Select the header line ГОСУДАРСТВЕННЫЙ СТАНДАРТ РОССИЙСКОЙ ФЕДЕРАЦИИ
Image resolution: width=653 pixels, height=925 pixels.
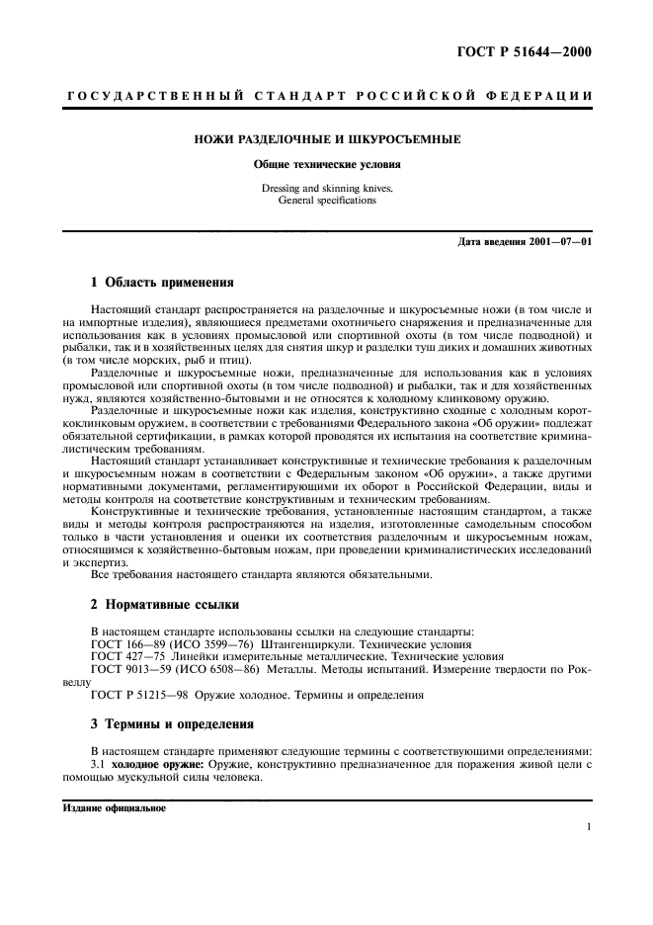[327, 95]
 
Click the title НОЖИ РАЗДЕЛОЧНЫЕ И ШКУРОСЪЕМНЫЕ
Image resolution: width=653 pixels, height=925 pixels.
[327, 140]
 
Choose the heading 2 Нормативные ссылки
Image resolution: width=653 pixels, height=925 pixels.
[164, 603]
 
